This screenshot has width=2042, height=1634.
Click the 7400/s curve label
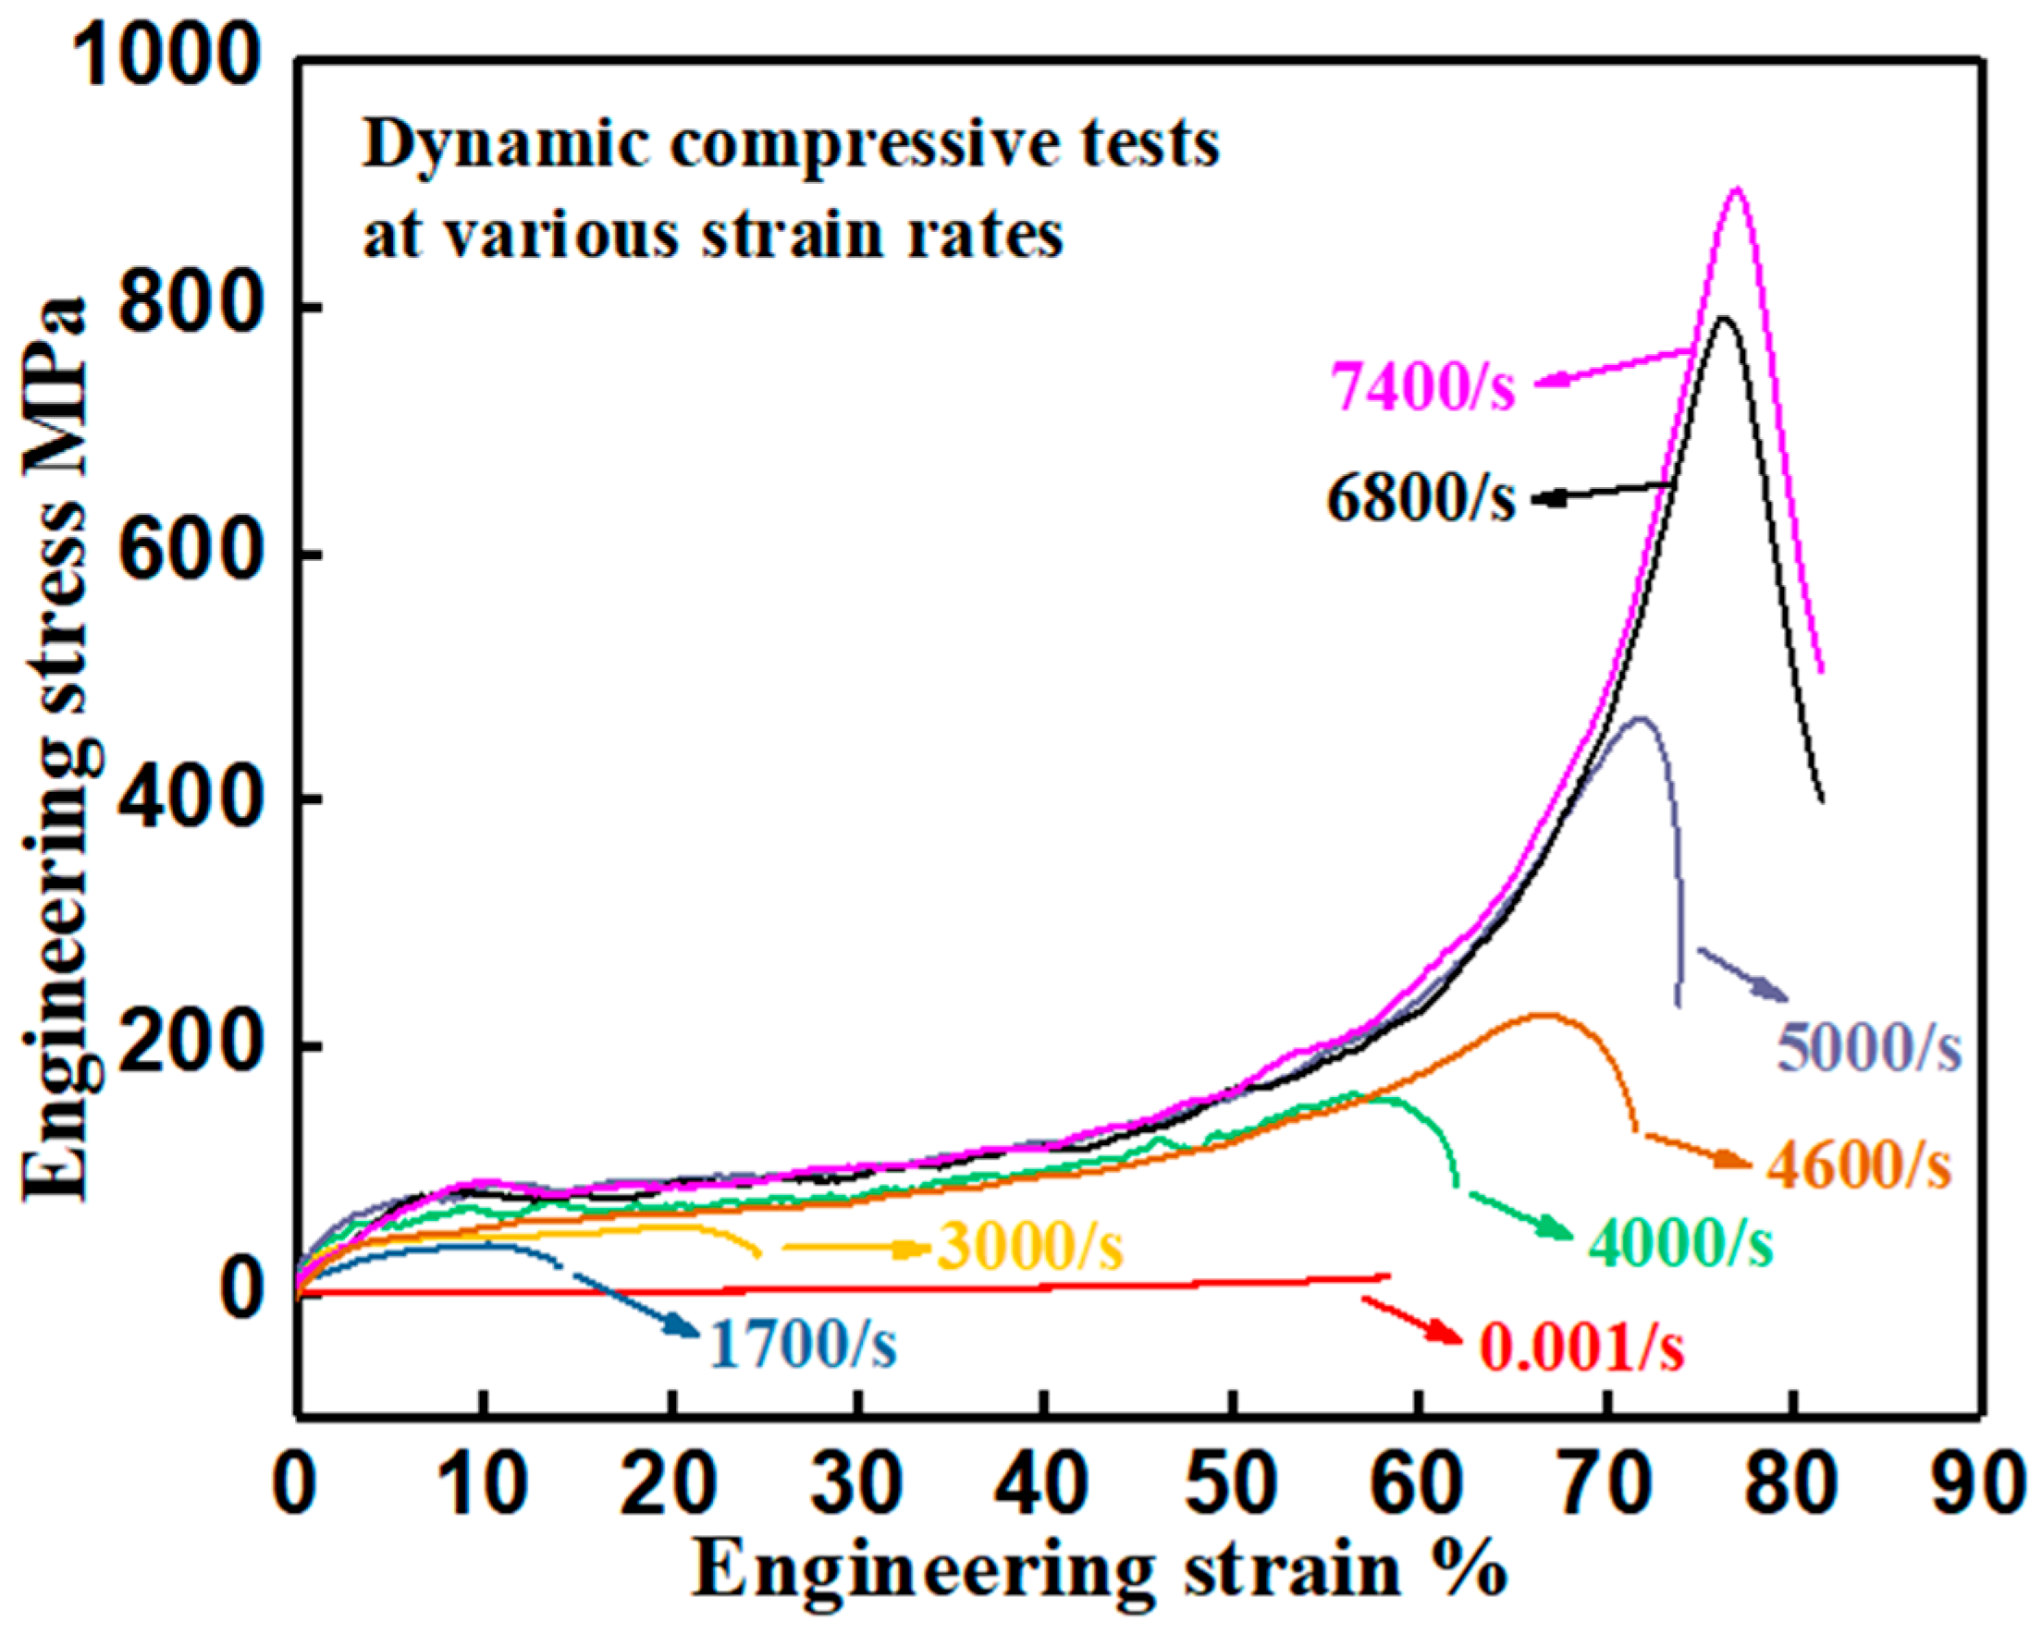click(x=1422, y=385)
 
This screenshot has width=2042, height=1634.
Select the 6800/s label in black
click(x=1421, y=498)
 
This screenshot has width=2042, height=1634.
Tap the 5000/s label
click(x=1869, y=1047)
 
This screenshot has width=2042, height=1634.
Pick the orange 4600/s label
click(x=1858, y=1165)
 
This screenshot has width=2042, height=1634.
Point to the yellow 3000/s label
click(x=1030, y=1247)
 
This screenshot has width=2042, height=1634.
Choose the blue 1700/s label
click(x=803, y=1344)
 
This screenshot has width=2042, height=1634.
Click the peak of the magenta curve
click(x=1736, y=189)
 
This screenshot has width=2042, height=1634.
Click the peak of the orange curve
click(x=1542, y=1016)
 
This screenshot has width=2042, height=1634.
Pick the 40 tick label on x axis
click(x=1044, y=1483)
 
